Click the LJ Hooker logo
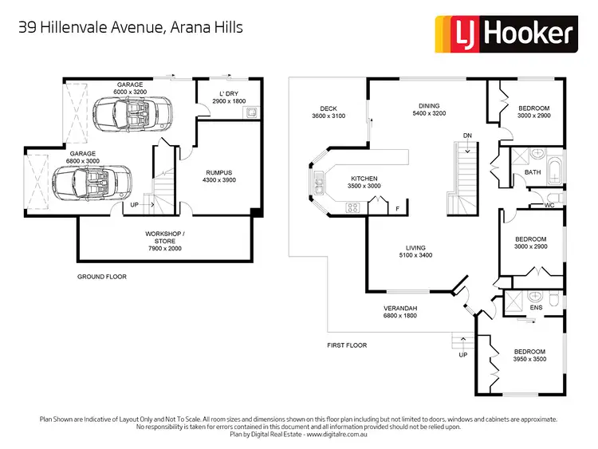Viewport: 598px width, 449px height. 504,33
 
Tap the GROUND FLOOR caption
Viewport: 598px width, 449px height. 101,277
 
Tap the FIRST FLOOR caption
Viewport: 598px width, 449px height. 347,345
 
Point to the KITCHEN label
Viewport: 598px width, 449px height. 364,179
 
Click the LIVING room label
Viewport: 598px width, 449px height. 415,248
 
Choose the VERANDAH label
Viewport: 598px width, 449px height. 400,308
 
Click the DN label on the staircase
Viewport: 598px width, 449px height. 467,136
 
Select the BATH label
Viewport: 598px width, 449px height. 533,172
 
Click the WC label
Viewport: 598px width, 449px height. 549,204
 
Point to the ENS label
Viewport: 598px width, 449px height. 536,307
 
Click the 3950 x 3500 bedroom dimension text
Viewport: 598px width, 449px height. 529,360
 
